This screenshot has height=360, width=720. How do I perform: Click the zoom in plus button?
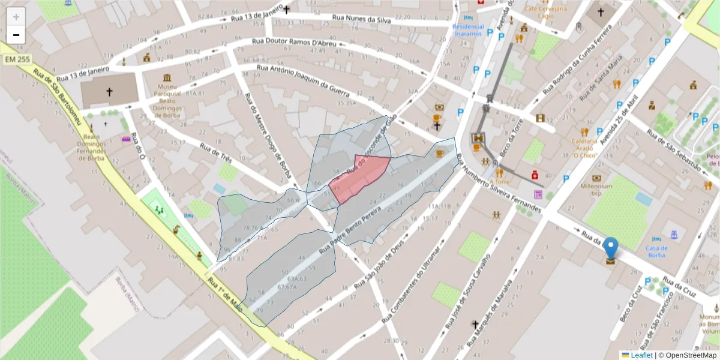[16, 17]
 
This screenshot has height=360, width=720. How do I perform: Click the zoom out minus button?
[16, 35]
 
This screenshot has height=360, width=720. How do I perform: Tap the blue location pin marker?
[610, 248]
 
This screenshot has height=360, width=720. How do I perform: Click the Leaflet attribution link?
[640, 355]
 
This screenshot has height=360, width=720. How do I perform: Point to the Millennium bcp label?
[596, 190]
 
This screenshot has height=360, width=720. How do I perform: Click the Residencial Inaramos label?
[467, 30]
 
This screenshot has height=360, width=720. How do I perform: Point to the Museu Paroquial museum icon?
[167, 78]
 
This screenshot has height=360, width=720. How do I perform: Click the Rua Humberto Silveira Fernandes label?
[498, 185]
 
